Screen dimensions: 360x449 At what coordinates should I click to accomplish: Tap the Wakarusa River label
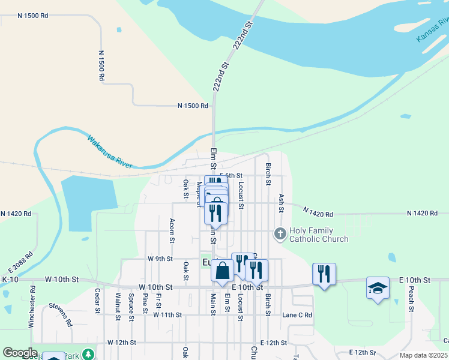[109, 151]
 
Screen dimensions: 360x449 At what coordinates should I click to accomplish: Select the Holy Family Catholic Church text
[319, 235]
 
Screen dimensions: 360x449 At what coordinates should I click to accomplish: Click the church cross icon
[280, 233]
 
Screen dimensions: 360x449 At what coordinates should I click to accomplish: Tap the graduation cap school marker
[378, 289]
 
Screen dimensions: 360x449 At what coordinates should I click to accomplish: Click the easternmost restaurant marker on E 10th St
[324, 274]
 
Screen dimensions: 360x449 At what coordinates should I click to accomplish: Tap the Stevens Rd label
[61, 314]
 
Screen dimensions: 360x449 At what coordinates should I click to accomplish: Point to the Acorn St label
[172, 230]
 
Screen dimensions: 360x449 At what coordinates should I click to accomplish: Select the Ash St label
[280, 203]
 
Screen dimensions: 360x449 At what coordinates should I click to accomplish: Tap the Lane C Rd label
[297, 315]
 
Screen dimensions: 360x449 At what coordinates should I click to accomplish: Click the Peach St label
[412, 298]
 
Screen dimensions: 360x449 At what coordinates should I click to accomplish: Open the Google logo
[20, 353]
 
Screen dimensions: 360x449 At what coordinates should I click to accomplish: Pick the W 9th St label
[160, 259]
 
